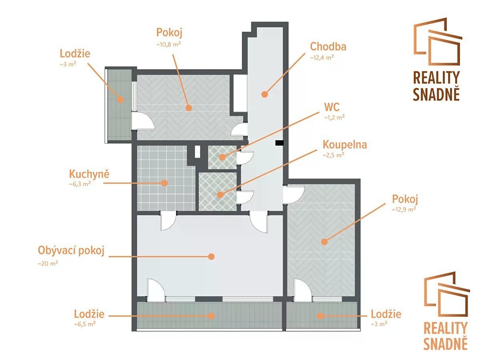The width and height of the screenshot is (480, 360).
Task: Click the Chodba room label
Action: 328,46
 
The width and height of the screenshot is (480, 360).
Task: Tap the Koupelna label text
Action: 345,145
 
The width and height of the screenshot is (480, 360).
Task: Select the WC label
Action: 332,107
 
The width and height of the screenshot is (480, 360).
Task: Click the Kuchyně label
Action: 89,174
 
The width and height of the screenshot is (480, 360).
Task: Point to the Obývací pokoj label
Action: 71,250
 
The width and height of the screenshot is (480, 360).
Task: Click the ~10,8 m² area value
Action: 169,44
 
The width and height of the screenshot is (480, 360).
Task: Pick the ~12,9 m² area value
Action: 404,209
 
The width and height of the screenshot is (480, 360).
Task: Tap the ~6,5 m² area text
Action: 85,324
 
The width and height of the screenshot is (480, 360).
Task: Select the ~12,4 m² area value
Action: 322,58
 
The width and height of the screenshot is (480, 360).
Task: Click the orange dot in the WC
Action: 222,157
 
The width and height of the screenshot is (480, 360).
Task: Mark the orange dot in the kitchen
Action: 164,183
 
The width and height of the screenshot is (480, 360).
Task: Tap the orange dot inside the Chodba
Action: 265,94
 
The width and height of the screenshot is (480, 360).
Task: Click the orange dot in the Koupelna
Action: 220,194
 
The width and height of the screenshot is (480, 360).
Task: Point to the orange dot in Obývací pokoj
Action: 211,256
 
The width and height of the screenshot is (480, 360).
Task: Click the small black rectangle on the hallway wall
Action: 280,143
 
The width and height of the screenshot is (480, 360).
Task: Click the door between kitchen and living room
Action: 168,221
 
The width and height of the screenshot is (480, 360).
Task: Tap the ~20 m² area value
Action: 48,264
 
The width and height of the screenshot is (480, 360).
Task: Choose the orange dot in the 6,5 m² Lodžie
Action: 211,316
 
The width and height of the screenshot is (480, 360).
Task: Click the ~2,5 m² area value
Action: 334,155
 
